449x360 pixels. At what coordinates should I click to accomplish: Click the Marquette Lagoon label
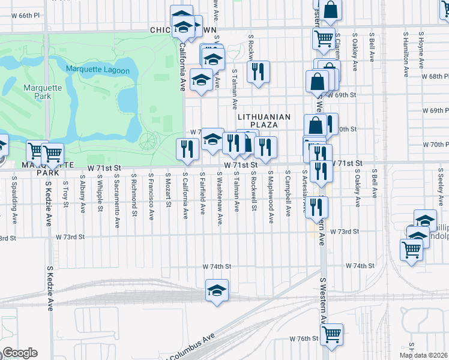pyautogui.click(x=98, y=70)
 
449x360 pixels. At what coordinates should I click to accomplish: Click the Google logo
pyautogui.click(x=19, y=353)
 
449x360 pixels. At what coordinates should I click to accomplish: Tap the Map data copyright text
pyautogui.click(x=424, y=355)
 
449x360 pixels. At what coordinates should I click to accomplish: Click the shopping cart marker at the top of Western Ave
pyautogui.click(x=324, y=38)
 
